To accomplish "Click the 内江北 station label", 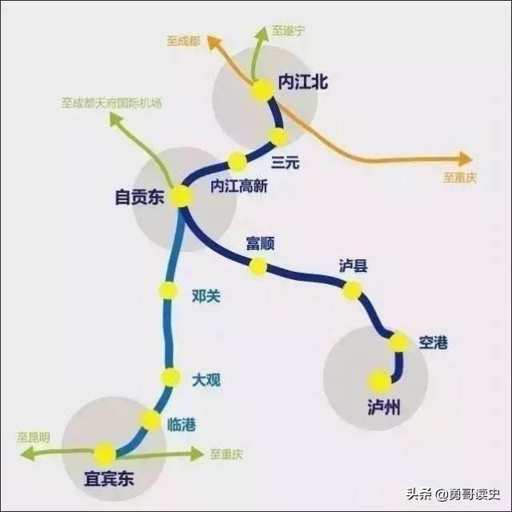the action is tap(302, 82).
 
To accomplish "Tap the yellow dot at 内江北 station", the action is tap(263, 90).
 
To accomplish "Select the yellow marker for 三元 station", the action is tap(278, 137).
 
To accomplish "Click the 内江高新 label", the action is tap(239, 186).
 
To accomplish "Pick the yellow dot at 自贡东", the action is tap(181, 196).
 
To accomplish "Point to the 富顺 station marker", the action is tap(258, 266).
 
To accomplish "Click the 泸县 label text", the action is tap(353, 266).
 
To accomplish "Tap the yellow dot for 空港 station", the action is tap(399, 342).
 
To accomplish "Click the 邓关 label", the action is tap(206, 296).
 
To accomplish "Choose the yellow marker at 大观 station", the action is tap(170, 377).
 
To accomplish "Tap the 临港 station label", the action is tap(182, 425).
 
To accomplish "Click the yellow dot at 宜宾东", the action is tap(105, 454).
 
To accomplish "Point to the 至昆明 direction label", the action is tap(34, 438).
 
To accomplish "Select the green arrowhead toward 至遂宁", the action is tap(262, 34).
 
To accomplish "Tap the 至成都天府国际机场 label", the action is tap(111, 103).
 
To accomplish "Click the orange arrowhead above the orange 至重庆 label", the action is tap(466, 159).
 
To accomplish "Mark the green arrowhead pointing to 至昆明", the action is tap(27, 454).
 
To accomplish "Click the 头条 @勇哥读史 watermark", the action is tap(454, 494).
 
